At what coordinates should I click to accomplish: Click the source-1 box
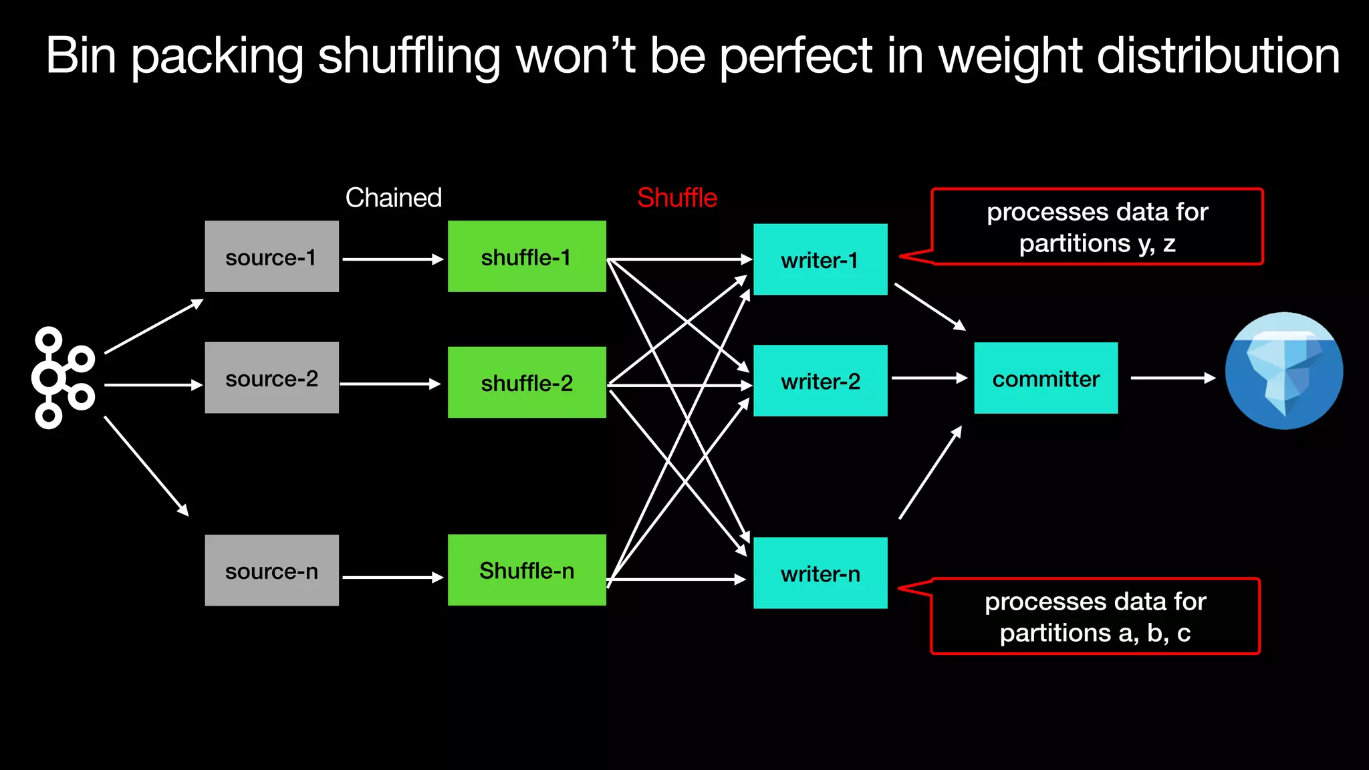pos(271,257)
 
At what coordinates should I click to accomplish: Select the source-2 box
pos(271,378)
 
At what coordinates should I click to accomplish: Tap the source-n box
pos(271,570)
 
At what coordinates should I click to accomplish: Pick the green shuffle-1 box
pos(527,257)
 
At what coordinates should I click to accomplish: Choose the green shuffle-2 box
pos(527,382)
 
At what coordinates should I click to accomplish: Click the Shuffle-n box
pos(527,570)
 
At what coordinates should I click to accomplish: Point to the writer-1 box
pos(820,259)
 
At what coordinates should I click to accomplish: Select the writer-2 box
pos(820,381)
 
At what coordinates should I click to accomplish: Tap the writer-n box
pos(820,573)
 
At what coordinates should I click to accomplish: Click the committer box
pos(1045,378)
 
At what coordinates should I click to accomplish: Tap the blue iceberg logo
pos(1283,371)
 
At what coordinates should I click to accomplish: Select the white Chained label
pos(394,198)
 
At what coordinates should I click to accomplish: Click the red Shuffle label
pos(676,198)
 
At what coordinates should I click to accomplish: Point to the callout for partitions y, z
pos(1097,227)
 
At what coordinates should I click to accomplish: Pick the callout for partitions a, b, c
pos(1095,616)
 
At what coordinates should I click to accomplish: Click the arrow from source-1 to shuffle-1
pos(392,259)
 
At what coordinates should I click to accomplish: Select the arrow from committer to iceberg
pos(1172,378)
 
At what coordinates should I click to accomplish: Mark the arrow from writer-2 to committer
pos(929,378)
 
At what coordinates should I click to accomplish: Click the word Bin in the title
pos(81,55)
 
